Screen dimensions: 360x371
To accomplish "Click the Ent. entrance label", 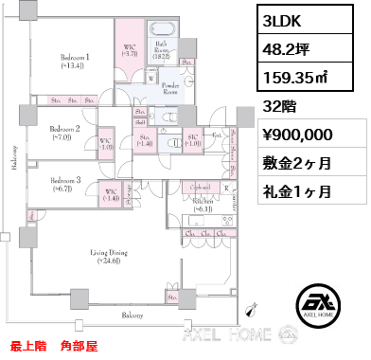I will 215,136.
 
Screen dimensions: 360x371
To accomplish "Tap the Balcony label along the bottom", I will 132,315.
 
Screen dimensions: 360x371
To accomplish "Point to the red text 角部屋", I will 81,347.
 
